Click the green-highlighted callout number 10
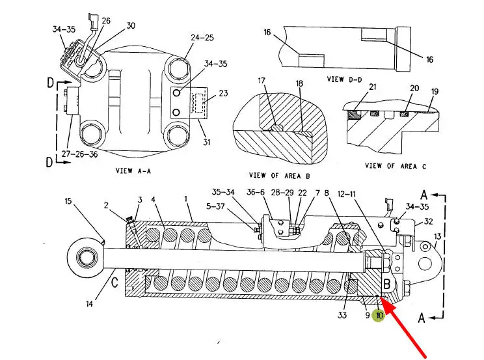pos(379,316)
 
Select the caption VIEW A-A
pos(133,171)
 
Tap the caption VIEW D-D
pos(344,79)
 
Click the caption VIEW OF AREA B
pos(279,176)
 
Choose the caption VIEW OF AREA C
pos(396,166)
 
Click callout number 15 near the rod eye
pos(68,201)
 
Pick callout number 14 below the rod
pos(89,304)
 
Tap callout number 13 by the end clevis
pos(437,237)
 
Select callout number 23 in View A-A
pos(223,93)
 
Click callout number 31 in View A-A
pos(206,142)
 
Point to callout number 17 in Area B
pos(262,81)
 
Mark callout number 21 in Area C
pos(373,87)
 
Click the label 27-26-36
pos(79,154)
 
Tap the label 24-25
pos(202,38)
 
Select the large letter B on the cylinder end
pos(387,284)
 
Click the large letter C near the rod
pos(114,282)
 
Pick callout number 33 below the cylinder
pos(342,315)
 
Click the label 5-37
pos(215,206)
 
